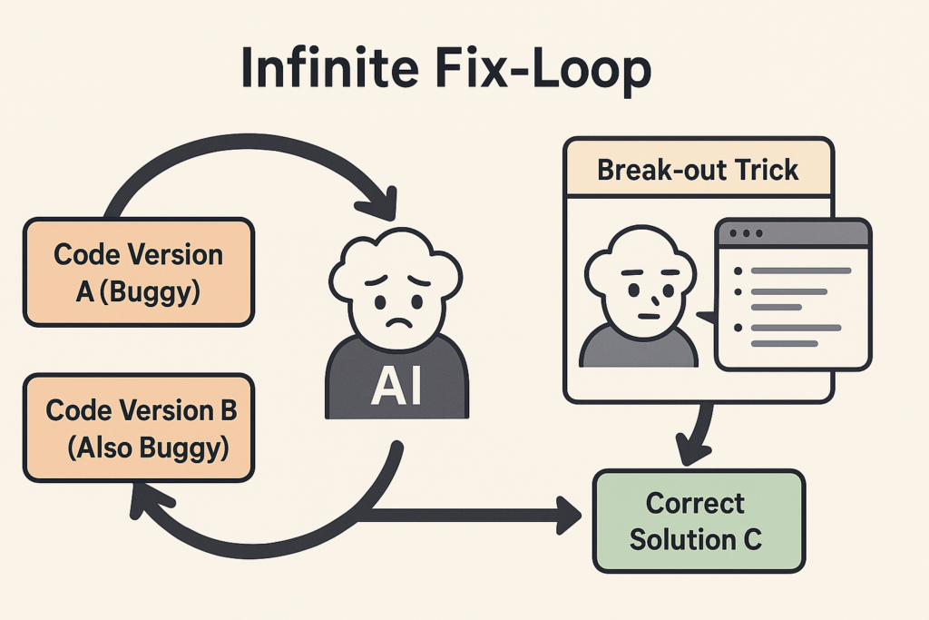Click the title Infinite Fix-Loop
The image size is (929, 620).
click(x=446, y=69)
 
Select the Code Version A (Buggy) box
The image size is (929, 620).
click(x=139, y=272)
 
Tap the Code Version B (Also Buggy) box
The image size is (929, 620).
click(x=139, y=428)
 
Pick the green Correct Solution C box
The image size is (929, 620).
click(x=699, y=521)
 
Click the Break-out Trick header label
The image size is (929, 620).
click(x=698, y=170)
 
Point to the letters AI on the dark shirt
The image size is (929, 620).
click(x=396, y=385)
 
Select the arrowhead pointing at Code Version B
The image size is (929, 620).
click(x=148, y=501)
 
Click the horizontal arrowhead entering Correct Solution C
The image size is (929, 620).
click(x=569, y=515)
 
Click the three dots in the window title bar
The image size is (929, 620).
click(x=746, y=233)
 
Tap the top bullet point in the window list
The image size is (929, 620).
click(x=738, y=271)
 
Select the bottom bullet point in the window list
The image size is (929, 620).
click(x=738, y=328)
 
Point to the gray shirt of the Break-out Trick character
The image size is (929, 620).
click(x=638, y=348)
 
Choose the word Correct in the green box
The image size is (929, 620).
click(x=695, y=503)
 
